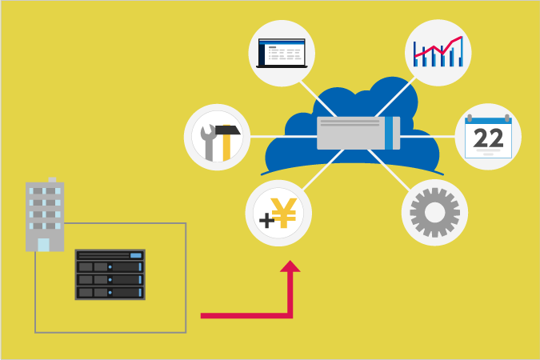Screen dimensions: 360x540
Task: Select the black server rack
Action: coord(111,274)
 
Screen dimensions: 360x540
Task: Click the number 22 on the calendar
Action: coord(488,139)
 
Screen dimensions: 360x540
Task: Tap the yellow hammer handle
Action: coord(228,149)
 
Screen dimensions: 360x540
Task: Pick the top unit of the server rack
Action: coord(111,255)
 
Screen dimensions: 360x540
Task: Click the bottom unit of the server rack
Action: coord(111,292)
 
